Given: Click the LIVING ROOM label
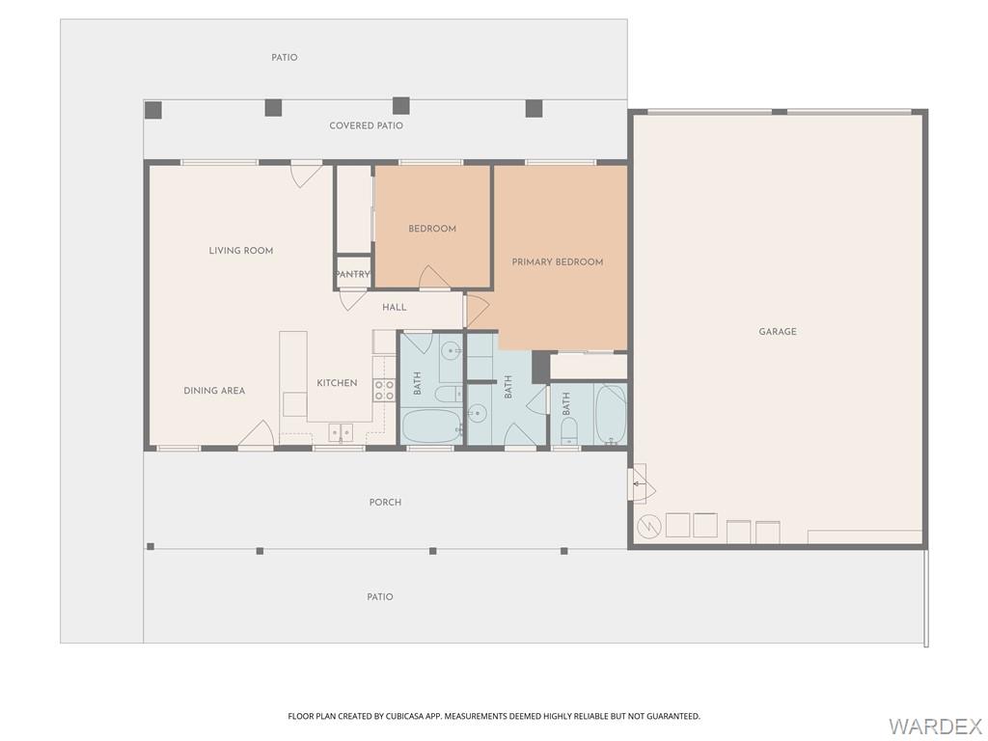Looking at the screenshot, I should (x=241, y=251).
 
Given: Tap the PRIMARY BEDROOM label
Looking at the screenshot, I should (x=558, y=262).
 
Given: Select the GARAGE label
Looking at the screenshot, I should (x=777, y=332).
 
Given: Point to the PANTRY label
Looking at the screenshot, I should (x=353, y=275).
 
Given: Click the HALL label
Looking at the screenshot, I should (x=394, y=308).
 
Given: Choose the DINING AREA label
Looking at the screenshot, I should (x=214, y=391).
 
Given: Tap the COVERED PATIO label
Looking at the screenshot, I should (x=366, y=126).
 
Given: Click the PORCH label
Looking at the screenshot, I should (x=385, y=503).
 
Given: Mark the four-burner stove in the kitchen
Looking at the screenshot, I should (x=384, y=390).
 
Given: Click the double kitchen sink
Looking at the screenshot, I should (x=341, y=432).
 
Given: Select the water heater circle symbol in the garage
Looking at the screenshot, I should (x=648, y=526).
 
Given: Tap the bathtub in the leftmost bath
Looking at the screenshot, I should (x=431, y=425).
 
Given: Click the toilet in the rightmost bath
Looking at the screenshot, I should (x=568, y=428).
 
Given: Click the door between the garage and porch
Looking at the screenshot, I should (x=638, y=482).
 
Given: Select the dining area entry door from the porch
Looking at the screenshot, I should (x=256, y=436).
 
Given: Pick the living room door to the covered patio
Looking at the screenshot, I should (x=307, y=174).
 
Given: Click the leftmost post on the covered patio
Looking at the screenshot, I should (x=153, y=110).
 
